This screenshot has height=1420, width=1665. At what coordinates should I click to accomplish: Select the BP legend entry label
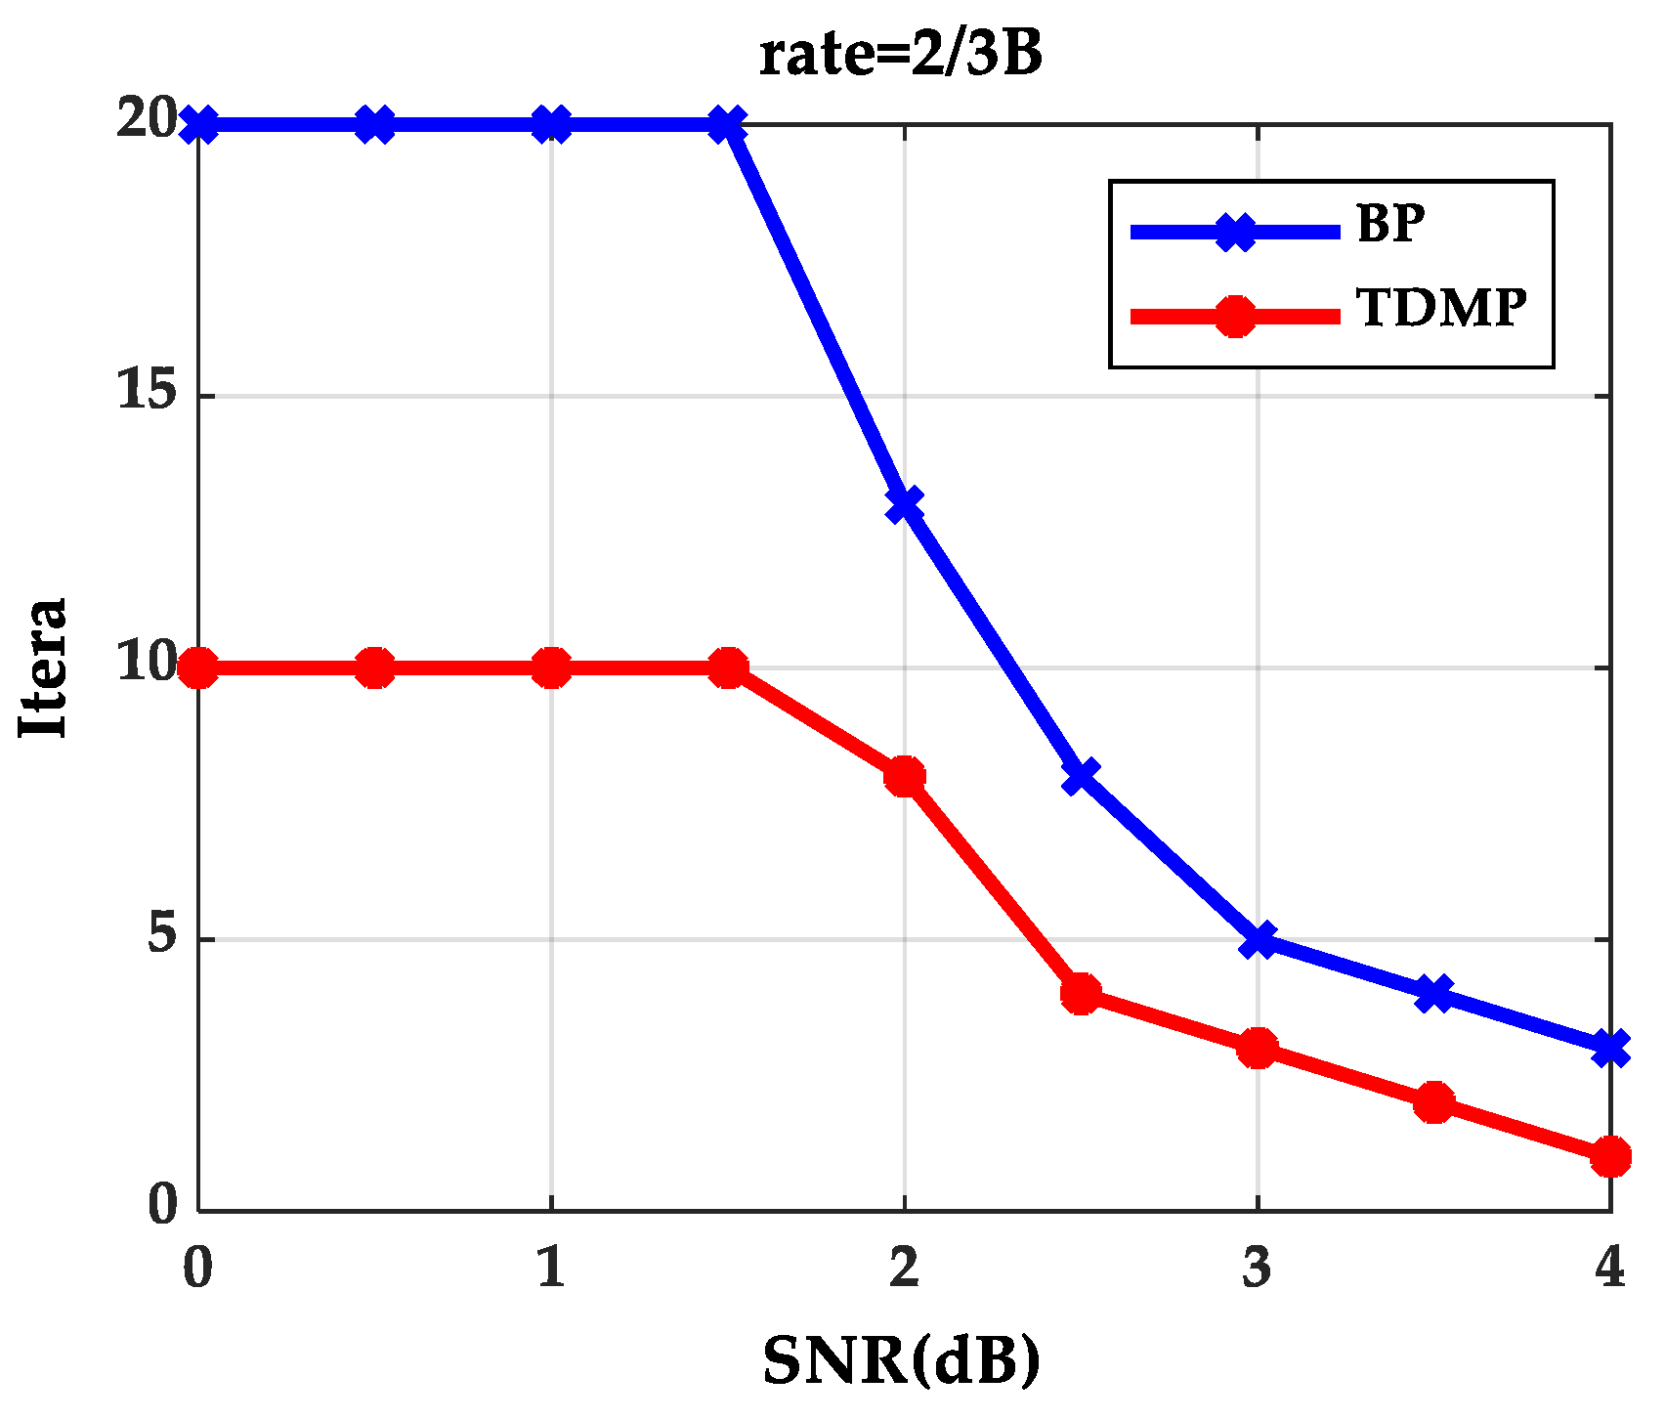pyautogui.click(x=1389, y=225)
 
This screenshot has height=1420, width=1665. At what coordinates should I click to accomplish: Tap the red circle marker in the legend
pyautogui.click(x=1235, y=316)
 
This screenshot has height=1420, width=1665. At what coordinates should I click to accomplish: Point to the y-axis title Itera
pyautogui.click(x=44, y=667)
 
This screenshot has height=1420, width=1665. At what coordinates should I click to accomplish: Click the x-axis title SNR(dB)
pyautogui.click(x=901, y=1360)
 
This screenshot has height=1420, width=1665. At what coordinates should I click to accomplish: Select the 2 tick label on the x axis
pyautogui.click(x=904, y=1269)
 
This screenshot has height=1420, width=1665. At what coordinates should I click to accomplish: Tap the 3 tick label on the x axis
pyautogui.click(x=1257, y=1269)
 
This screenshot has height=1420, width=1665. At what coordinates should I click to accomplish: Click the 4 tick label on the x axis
pyautogui.click(x=1609, y=1269)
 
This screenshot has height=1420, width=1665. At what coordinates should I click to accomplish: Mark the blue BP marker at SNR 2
pyautogui.click(x=904, y=504)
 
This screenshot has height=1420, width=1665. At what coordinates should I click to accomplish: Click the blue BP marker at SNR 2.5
pyautogui.click(x=1081, y=777)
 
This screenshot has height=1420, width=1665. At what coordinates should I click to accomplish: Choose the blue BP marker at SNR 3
pyautogui.click(x=1258, y=940)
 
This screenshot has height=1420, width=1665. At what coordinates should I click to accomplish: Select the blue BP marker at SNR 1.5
pyautogui.click(x=727, y=124)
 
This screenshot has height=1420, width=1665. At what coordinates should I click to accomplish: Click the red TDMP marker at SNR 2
pyautogui.click(x=904, y=776)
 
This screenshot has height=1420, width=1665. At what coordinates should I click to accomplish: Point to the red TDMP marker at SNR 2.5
pyautogui.click(x=1081, y=994)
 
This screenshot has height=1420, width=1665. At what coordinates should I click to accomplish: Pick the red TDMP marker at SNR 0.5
pyautogui.click(x=375, y=668)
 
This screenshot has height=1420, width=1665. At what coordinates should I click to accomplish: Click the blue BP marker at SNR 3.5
pyautogui.click(x=1433, y=994)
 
